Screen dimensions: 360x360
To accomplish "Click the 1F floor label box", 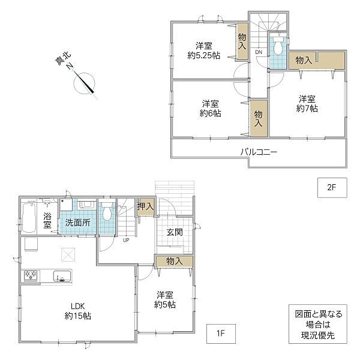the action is pyautogui.click(x=221, y=334).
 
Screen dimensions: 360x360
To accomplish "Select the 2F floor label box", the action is pyautogui.click(x=332, y=188).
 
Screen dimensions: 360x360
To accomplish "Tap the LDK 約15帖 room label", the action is pyautogui.click(x=78, y=311).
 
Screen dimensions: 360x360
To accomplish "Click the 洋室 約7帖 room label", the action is pyautogui.click(x=307, y=104).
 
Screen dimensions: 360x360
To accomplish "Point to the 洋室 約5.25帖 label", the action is pyautogui.click(x=204, y=51).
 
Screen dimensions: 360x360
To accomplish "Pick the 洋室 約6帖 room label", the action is pyautogui.click(x=211, y=109).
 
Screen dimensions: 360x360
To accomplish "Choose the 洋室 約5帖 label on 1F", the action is pyautogui.click(x=165, y=300).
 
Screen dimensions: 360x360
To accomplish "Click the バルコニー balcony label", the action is pyautogui.click(x=259, y=152).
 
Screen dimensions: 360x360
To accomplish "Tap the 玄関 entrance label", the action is pyautogui.click(x=175, y=232).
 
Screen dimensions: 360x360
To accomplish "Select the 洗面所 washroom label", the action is pyautogui.click(x=77, y=223).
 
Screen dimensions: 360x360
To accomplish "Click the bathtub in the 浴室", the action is pyautogui.click(x=29, y=217).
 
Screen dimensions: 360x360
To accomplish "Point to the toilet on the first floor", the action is pyautogui.click(x=107, y=211).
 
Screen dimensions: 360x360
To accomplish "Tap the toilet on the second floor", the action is pyautogui.click(x=278, y=46).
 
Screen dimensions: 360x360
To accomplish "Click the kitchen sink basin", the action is pyautogui.click(x=62, y=277).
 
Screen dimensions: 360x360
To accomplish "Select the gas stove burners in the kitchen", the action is pyautogui.click(x=31, y=276).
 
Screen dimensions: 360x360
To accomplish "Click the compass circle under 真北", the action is pyautogui.click(x=84, y=83).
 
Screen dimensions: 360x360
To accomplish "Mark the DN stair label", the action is pyautogui.click(x=259, y=52).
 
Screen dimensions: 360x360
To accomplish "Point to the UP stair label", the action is pyautogui.click(x=126, y=241).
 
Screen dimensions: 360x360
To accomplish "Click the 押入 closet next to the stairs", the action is pyautogui.click(x=146, y=206).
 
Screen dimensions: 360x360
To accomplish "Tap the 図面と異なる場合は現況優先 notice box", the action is pyautogui.click(x=318, y=324).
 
